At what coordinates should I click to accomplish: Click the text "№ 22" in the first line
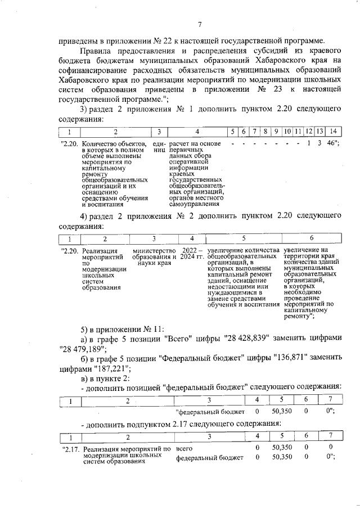(162, 40)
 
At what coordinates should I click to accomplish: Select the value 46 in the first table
(331, 143)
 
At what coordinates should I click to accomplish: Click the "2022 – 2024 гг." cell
(191, 253)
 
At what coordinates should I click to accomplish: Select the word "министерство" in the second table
(154, 250)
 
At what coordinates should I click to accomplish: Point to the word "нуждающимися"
(231, 292)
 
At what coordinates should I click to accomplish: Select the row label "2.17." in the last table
(71, 449)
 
